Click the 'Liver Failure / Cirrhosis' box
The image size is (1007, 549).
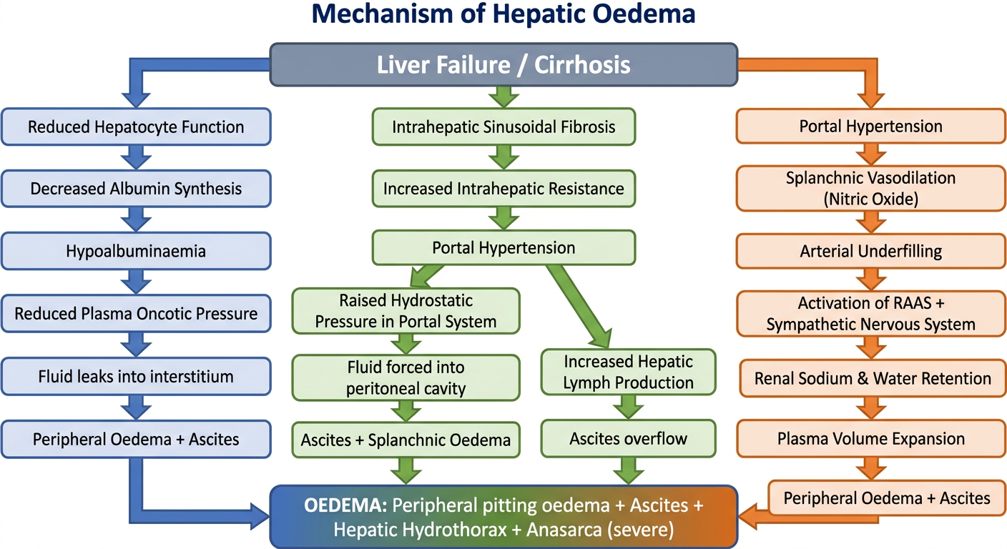[x=503, y=65]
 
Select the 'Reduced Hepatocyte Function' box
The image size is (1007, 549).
[x=136, y=127]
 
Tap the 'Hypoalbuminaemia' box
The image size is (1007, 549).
[x=136, y=251]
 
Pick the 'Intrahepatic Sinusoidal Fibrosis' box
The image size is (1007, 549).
[x=503, y=127]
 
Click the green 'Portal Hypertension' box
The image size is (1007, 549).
[x=503, y=247]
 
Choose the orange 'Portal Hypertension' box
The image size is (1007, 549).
[x=871, y=127]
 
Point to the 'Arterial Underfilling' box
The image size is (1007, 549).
[x=871, y=251]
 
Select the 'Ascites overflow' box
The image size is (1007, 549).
[x=629, y=438]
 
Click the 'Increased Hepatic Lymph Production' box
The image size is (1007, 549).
[x=629, y=372]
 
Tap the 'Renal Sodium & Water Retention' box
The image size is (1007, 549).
[x=873, y=378]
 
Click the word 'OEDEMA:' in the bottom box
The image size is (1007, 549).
[x=345, y=505]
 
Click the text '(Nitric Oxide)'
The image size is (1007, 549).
[x=871, y=199]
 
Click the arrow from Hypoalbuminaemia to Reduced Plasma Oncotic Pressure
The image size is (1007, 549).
[x=136, y=282]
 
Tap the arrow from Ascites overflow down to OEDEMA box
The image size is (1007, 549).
[x=629, y=471]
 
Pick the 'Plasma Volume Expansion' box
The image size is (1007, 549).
[x=871, y=438]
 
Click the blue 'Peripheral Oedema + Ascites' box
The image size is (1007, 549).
[x=136, y=440]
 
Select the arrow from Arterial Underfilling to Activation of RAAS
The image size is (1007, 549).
[x=871, y=280]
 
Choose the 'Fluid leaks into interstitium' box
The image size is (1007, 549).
[x=136, y=377]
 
